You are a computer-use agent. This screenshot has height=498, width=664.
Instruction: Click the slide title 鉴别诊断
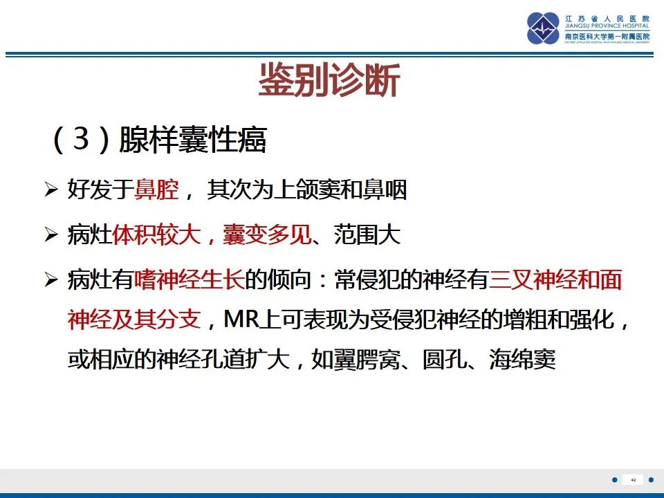pos(329,82)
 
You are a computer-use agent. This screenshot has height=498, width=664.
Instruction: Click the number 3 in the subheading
pos(82,140)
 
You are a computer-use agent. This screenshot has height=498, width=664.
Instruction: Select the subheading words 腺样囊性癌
pos(193,140)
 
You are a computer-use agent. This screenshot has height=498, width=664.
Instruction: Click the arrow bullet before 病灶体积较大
pos(50,236)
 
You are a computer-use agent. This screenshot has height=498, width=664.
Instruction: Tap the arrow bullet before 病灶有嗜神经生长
pos(50,281)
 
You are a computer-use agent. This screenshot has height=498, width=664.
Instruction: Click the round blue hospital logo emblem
pos(544,28)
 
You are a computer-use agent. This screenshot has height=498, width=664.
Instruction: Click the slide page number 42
pos(633,480)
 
